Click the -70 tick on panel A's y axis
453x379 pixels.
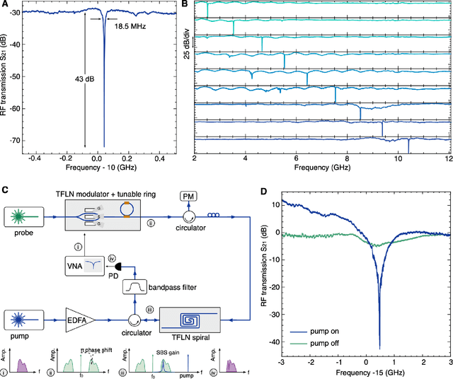point(16,141)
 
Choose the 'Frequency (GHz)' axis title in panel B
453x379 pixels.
point(321,168)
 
